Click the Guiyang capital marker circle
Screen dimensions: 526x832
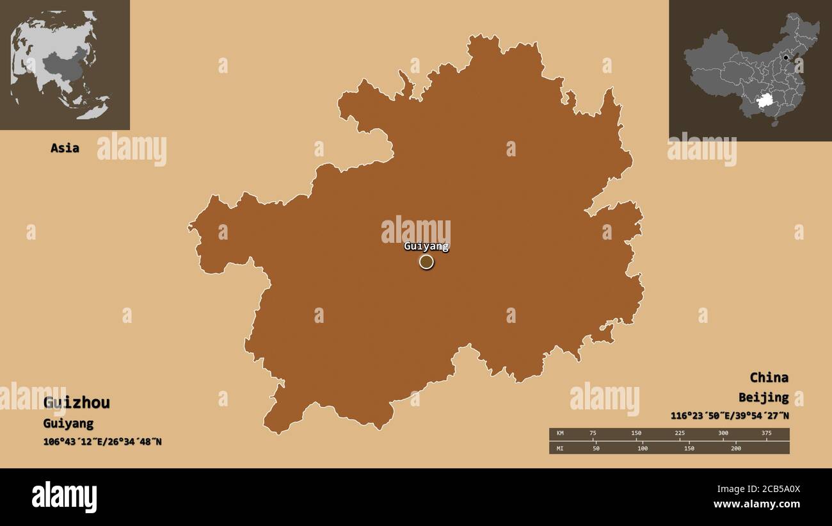[x=426, y=261]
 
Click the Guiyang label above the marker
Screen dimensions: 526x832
[x=426, y=246]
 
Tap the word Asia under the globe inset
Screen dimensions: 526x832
[x=65, y=148]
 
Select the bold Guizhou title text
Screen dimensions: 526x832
[x=76, y=402]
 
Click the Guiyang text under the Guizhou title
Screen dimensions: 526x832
[x=68, y=423]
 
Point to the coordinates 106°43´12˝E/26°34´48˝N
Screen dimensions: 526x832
[x=102, y=441]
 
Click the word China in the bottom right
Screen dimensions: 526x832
[x=769, y=377]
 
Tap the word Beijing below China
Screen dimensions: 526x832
[x=763, y=398]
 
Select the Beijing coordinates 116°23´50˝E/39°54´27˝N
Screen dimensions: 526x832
[x=730, y=415]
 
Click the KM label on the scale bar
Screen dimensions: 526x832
[x=560, y=434]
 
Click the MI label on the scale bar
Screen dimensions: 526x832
[x=560, y=448]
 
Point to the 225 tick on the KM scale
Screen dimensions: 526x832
[x=680, y=434]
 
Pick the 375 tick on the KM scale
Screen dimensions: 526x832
[x=767, y=434]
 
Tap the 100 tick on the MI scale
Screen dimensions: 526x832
[x=642, y=448]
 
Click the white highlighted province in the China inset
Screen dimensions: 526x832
[x=764, y=101]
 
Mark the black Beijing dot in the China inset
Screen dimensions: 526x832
[x=785, y=58]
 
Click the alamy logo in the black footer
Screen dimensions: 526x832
[x=64, y=497]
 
